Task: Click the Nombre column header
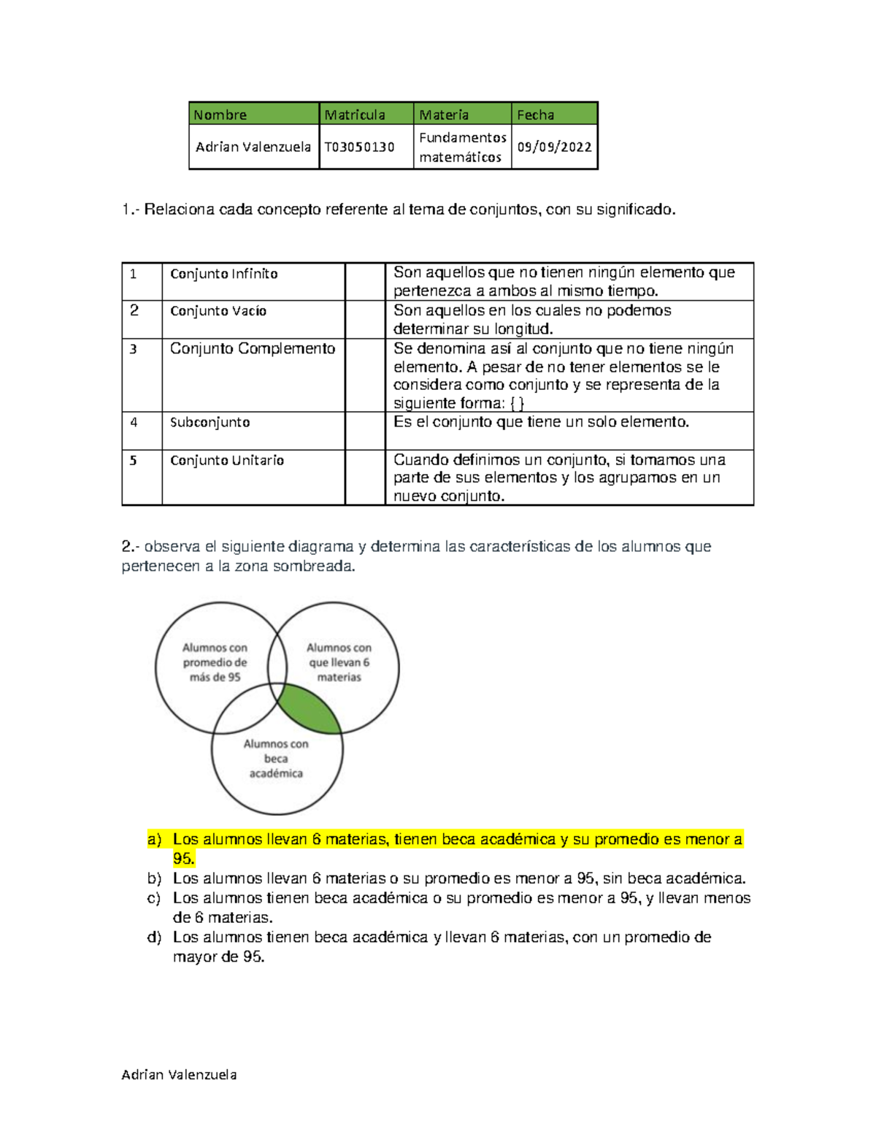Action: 220,115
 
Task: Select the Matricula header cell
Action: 355,115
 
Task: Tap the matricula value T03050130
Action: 359,147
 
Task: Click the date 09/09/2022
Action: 554,147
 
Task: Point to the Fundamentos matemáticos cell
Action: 462,147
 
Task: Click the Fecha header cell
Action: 536,115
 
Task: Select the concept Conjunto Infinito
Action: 223,274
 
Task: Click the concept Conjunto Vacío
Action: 218,311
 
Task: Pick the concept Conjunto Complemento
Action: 252,349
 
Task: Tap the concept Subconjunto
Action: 210,422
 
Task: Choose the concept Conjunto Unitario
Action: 226,460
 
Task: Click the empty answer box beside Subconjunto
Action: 364,431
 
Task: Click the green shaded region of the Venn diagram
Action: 308,708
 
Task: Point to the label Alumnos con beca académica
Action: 276,759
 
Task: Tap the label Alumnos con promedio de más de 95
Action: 215,662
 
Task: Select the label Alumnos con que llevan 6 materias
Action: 339,662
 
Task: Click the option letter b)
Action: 154,878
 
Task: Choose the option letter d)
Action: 154,938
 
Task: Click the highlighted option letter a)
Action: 154,840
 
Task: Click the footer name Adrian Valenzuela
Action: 179,1075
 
